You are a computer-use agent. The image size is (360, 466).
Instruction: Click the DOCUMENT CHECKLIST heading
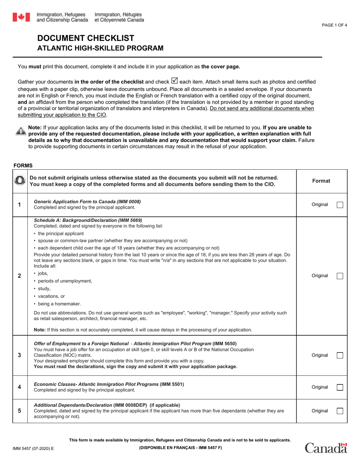tap(85, 38)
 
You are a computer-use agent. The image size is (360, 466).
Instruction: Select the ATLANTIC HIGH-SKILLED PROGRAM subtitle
tap(100, 48)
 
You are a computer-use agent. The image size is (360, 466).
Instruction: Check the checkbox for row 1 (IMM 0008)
tap(340, 205)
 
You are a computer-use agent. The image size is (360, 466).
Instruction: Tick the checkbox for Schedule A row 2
tap(340, 276)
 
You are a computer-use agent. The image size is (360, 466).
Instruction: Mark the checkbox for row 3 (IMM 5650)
tap(340, 355)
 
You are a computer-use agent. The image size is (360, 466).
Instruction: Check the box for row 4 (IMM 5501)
tap(340, 387)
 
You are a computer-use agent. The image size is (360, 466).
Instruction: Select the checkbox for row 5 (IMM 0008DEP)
tap(340, 411)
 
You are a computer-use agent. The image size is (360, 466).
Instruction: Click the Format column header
tap(321, 181)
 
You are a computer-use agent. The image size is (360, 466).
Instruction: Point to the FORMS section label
tap(23, 166)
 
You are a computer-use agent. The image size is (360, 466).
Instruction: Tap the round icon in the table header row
tap(20, 181)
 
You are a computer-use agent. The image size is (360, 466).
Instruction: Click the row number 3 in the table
tap(20, 355)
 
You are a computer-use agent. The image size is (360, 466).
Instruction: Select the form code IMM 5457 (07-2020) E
tap(33, 449)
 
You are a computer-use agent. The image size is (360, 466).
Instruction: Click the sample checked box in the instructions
tap(174, 81)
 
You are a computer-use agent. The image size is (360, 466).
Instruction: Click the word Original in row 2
tap(320, 276)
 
